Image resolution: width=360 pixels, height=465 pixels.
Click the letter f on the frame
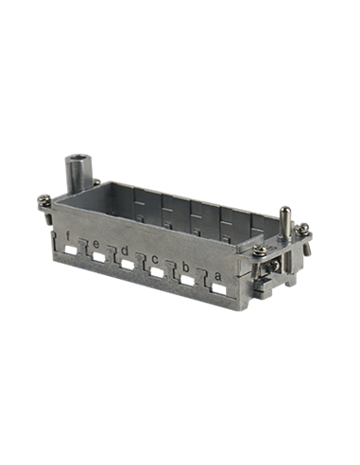click(x=67, y=235)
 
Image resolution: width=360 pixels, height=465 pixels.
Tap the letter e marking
click(x=96, y=244)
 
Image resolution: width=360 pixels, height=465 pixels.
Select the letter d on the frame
click(x=125, y=250)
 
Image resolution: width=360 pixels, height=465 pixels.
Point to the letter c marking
click(x=155, y=260)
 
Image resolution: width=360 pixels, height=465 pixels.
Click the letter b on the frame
click(x=185, y=267)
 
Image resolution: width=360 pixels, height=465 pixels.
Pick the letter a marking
click(x=218, y=277)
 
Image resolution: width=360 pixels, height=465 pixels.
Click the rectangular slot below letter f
click(x=71, y=250)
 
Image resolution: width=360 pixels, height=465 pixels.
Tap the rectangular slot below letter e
click(x=99, y=258)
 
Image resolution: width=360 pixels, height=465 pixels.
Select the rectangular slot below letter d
click(x=128, y=265)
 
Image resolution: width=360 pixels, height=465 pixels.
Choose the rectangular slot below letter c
click(x=157, y=273)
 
